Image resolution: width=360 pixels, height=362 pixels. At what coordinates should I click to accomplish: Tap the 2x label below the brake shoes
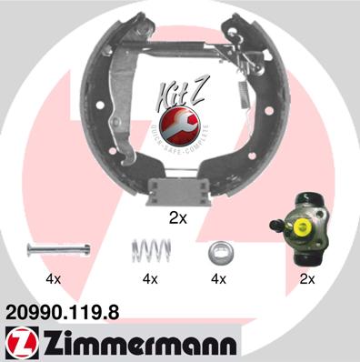pyautogui.click(x=178, y=218)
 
